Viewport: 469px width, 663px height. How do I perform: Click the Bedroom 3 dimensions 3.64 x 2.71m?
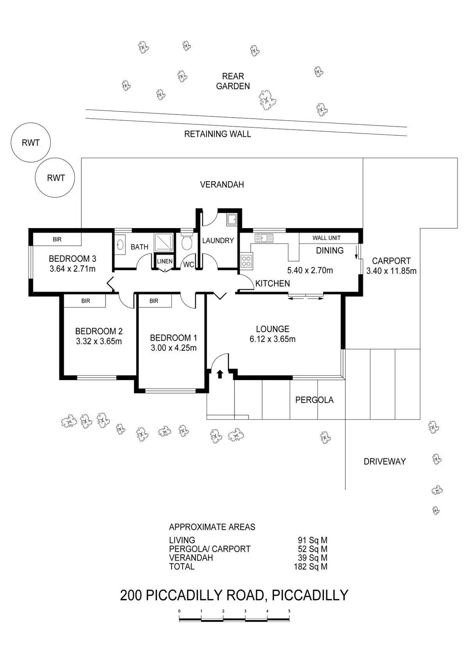click(x=73, y=269)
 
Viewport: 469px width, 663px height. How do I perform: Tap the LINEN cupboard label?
click(x=165, y=261)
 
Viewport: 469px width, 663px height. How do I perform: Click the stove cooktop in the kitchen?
click(x=247, y=261)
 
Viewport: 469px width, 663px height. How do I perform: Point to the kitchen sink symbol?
click(x=264, y=238)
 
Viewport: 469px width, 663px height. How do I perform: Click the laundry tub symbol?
click(x=231, y=220)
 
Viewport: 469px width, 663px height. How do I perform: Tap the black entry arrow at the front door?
click(x=220, y=374)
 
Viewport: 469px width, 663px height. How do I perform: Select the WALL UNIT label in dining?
click(x=326, y=238)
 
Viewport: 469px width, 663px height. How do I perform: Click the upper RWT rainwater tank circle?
click(x=31, y=142)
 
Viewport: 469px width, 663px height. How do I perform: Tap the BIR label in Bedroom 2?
click(x=86, y=301)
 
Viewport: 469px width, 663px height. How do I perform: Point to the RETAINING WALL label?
click(x=218, y=134)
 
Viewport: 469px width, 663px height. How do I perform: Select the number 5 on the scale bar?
click(x=289, y=611)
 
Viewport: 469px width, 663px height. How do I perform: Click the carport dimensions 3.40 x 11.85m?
click(x=392, y=271)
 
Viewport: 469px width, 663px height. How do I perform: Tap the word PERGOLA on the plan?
click(x=315, y=400)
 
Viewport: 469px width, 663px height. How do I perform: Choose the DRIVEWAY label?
click(x=385, y=461)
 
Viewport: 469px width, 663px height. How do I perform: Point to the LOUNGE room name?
click(x=273, y=329)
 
